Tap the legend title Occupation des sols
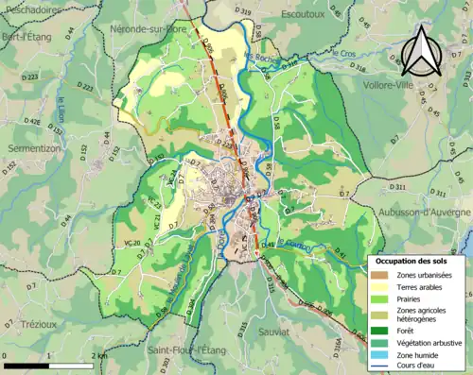[417, 260]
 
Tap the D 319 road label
[243, 11]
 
